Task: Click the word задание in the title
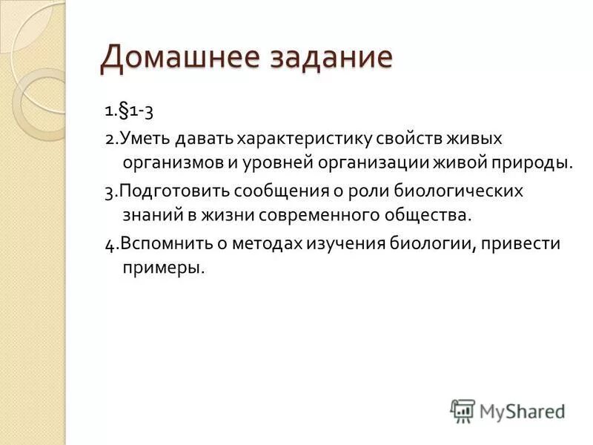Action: click(x=325, y=59)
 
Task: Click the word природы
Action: click(x=536, y=162)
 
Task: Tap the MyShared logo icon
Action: click(x=463, y=410)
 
